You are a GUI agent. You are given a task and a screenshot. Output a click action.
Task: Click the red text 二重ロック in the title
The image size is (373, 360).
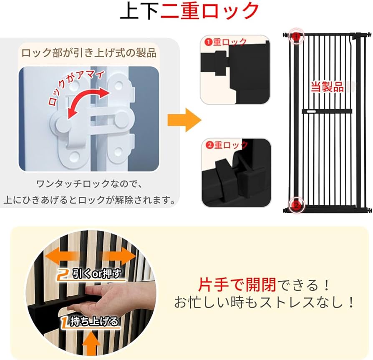(x=210, y=11)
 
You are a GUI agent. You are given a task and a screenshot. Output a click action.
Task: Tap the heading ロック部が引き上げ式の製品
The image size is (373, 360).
(x=89, y=53)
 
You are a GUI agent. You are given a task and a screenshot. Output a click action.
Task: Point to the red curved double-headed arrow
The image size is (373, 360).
(x=83, y=102)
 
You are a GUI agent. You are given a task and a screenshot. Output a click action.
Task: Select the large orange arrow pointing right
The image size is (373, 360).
(x=184, y=120)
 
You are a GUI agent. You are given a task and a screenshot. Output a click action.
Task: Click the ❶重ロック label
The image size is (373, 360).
(x=226, y=42)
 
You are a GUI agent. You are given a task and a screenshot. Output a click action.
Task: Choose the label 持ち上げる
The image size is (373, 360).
(x=90, y=321)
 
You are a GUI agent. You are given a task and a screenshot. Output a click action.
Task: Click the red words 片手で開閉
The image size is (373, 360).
(x=237, y=285)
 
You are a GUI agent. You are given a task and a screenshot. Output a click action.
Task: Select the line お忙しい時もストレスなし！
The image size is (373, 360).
(x=265, y=302)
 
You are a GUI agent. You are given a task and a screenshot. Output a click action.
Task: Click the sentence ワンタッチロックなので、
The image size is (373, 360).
(x=89, y=184)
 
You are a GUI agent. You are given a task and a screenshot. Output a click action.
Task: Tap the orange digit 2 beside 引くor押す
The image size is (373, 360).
(x=63, y=274)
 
